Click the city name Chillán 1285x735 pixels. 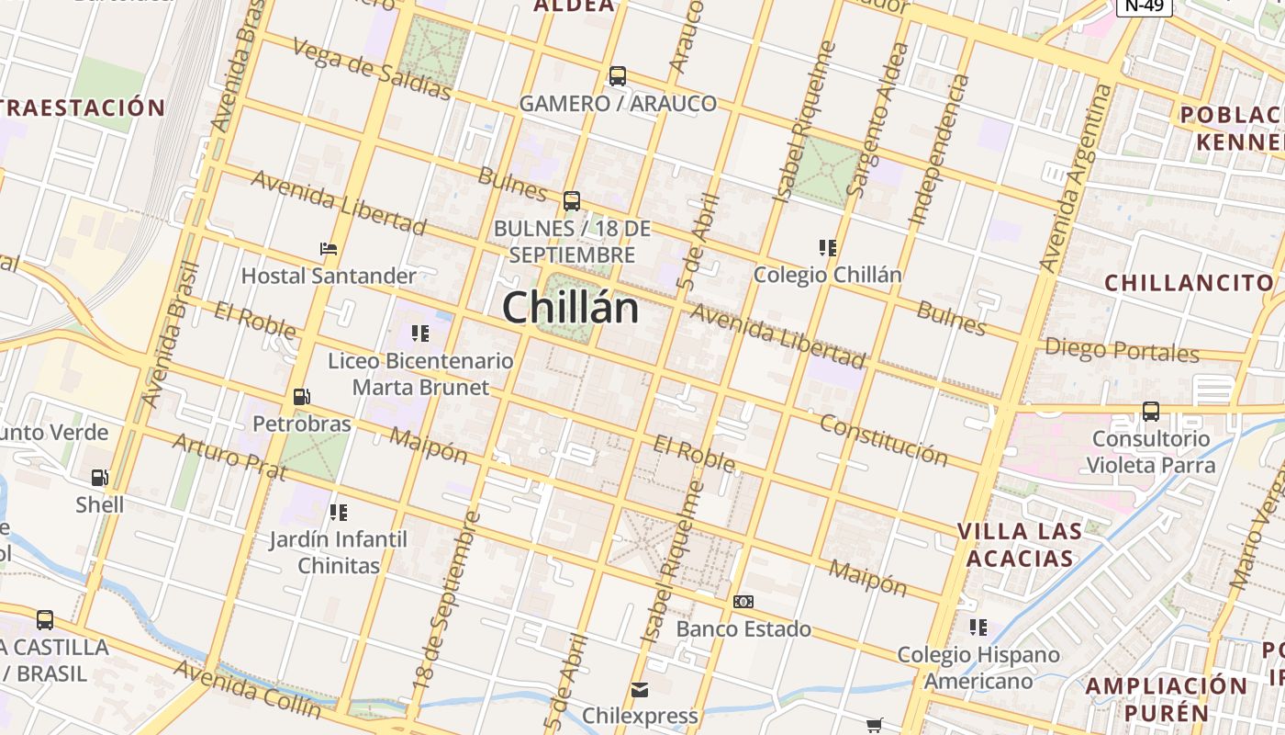point(570,306)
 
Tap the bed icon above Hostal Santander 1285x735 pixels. point(329,249)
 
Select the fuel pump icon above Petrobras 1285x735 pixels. point(301,397)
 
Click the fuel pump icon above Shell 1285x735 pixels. point(99,478)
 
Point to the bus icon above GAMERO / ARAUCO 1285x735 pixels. point(618,75)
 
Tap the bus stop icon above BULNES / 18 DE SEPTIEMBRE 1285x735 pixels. point(572,200)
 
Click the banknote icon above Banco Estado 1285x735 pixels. point(743,602)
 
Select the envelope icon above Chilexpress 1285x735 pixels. point(640,689)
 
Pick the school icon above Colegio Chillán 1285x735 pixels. point(827,248)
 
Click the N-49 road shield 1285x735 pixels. point(1145,6)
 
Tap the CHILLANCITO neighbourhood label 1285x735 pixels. point(1190,282)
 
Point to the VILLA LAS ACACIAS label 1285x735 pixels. point(1019,545)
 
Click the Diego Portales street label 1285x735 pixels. point(1122,350)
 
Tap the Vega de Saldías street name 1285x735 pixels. point(372,67)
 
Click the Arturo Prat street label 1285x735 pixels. point(229,457)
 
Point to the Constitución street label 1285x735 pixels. point(883,439)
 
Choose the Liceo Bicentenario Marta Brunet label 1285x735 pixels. point(420,374)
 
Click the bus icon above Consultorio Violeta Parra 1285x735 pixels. point(1151,411)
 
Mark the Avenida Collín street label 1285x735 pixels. point(248,688)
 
